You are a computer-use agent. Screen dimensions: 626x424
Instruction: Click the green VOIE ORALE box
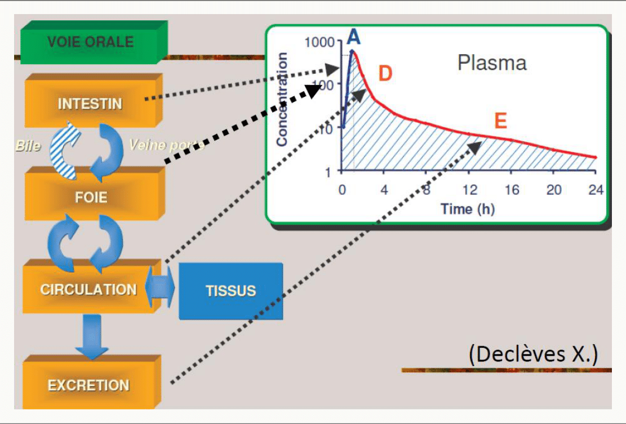click(94, 42)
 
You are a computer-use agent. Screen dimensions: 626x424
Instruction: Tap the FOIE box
click(95, 194)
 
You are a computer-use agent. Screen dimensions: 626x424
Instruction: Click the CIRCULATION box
click(92, 287)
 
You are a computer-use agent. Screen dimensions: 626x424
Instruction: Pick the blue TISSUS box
click(231, 291)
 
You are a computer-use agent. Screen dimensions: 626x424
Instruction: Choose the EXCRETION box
click(92, 382)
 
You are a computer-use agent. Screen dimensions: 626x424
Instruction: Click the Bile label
click(28, 146)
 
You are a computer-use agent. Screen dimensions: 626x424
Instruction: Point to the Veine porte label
click(166, 145)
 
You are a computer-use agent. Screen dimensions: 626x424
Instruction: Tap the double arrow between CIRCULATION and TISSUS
click(159, 287)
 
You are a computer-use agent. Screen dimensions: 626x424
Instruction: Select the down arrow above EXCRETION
click(92, 336)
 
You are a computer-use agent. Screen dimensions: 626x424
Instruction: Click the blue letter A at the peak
click(354, 37)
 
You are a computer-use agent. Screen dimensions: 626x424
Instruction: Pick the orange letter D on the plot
click(385, 73)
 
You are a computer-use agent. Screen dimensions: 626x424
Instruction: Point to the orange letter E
click(501, 121)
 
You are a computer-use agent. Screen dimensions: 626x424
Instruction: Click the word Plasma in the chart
click(492, 63)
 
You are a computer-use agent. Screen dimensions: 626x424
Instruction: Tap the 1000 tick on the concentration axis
click(319, 42)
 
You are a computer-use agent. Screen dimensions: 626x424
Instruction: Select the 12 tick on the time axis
click(470, 190)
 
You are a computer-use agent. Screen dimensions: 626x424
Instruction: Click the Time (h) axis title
click(468, 209)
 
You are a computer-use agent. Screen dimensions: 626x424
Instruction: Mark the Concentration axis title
click(282, 99)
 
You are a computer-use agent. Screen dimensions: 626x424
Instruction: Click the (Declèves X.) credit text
click(534, 354)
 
